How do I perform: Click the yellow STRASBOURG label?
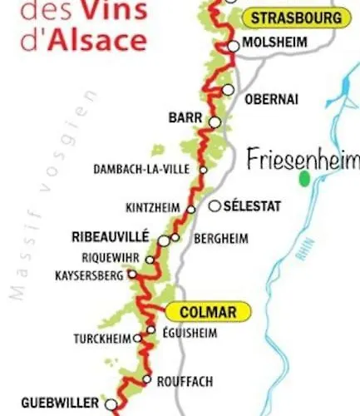(295, 17)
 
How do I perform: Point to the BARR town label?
(185, 118)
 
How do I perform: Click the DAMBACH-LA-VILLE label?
(147, 170)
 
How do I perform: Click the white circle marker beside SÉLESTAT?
(215, 206)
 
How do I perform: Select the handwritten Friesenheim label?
(303, 159)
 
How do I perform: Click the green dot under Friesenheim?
(304, 176)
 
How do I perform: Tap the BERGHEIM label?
(220, 239)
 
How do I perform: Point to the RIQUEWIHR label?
(111, 257)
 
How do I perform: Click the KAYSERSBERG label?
(89, 275)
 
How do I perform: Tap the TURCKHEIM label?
(103, 339)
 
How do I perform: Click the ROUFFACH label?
(185, 381)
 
